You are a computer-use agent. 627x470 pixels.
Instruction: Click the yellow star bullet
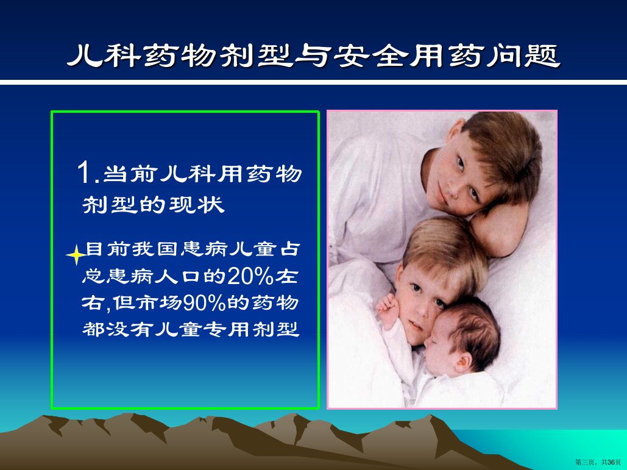pos(75,255)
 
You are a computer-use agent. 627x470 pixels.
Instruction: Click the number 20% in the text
pos(250,276)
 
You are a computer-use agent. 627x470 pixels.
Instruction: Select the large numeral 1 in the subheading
pos(85,173)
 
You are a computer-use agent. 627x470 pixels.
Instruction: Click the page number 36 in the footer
pos(611,463)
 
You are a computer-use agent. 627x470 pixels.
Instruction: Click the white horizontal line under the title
pos(313,82)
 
